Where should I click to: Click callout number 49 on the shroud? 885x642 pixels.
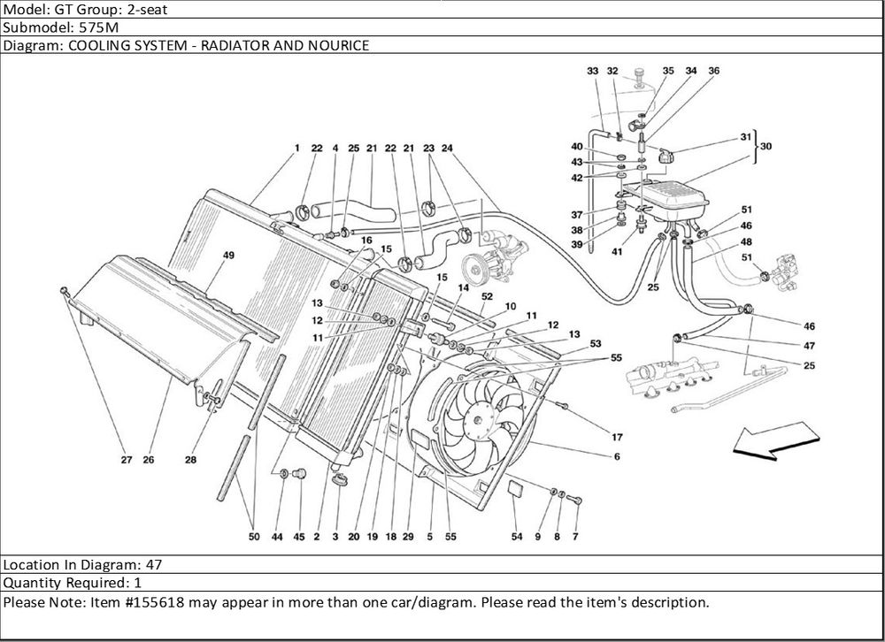228,256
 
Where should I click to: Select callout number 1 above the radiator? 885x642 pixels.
298,148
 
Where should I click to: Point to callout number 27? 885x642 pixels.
127,460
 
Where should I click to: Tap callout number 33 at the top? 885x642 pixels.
592,71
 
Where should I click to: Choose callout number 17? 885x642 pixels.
616,437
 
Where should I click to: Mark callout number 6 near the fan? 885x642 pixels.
616,457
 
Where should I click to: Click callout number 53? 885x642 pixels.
595,343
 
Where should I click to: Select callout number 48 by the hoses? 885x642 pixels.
747,241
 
